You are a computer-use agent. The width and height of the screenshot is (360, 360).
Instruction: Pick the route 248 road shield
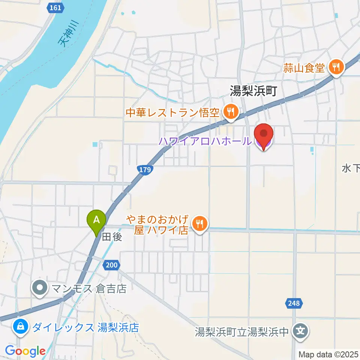point(294,303)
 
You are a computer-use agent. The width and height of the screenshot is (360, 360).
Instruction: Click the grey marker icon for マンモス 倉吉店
point(40,289)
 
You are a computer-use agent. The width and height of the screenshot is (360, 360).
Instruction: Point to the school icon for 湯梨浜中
point(301,331)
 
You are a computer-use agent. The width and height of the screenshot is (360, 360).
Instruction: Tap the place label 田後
point(112,237)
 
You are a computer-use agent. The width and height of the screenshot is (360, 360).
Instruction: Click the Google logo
point(25,351)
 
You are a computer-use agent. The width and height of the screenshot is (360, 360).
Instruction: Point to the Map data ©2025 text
point(328,354)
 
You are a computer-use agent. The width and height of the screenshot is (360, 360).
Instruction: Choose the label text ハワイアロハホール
point(204,141)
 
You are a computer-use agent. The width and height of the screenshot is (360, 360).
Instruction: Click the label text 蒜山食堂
point(304,68)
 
